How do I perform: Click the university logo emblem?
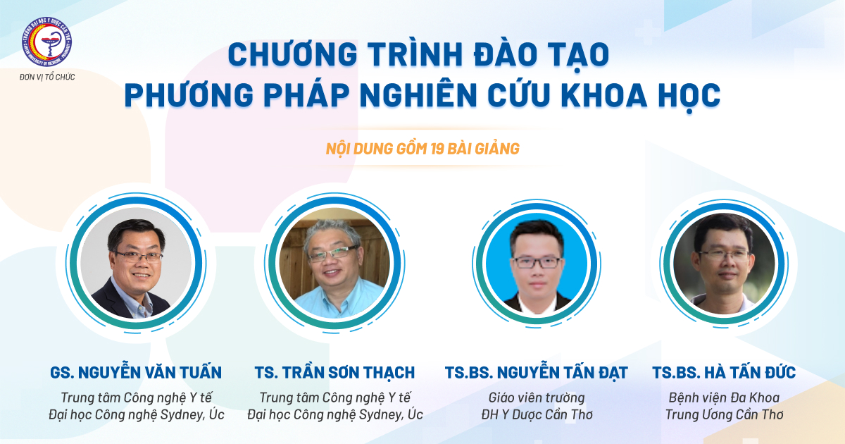click(x=46, y=42)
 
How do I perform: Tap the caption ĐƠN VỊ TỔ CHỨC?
click(x=47, y=77)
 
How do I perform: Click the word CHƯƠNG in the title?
click(x=293, y=55)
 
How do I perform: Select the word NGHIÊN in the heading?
click(x=419, y=95)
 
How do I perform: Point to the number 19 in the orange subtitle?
click(x=437, y=149)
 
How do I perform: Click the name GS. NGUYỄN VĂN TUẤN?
click(x=136, y=372)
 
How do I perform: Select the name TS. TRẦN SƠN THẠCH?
click(x=334, y=373)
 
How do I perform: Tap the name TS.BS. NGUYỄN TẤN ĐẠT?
click(x=537, y=373)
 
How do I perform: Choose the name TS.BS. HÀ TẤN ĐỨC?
click(x=724, y=372)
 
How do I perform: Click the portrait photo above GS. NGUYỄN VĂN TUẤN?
click(x=136, y=263)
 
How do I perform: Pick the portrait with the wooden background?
click(x=334, y=263)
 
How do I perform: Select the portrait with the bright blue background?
click(x=537, y=263)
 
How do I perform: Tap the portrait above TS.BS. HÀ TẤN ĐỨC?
click(x=724, y=263)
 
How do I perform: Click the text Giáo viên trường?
click(x=537, y=397)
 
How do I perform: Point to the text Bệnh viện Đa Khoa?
click(x=724, y=397)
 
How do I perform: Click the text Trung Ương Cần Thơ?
click(x=724, y=414)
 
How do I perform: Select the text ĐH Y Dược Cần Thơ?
click(x=537, y=414)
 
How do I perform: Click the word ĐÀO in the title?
click(x=505, y=54)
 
